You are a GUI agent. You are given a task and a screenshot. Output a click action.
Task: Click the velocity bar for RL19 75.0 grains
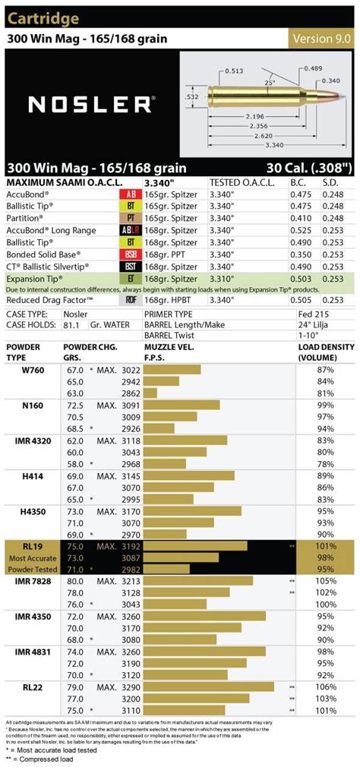click(x=195, y=545)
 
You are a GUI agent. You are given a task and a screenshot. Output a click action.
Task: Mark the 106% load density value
click(x=325, y=686)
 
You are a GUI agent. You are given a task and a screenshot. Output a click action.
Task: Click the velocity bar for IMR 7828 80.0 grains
click(x=197, y=580)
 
